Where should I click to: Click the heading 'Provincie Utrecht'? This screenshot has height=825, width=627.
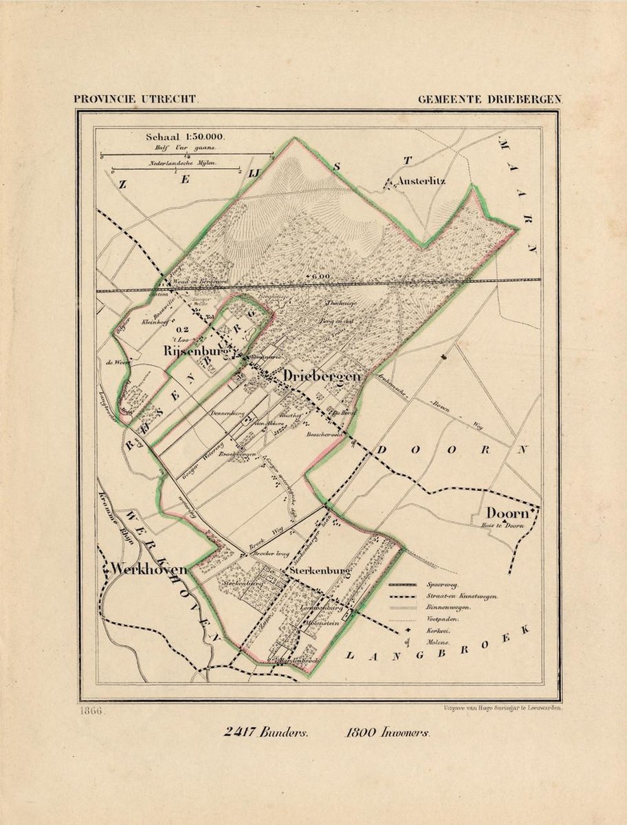tap(137, 99)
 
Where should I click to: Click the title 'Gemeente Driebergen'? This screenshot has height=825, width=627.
tap(489, 99)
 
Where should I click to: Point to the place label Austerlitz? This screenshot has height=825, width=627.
tap(421, 181)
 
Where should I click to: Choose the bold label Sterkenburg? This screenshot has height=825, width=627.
tap(320, 571)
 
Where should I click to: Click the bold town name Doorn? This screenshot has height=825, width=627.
tap(507, 513)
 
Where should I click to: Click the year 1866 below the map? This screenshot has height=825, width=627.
tap(91, 710)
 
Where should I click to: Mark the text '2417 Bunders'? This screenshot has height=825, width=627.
tap(266, 732)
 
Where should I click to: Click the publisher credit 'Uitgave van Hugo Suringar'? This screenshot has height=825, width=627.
tap(498, 706)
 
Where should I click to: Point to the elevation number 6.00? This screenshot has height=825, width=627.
tap(320, 277)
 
